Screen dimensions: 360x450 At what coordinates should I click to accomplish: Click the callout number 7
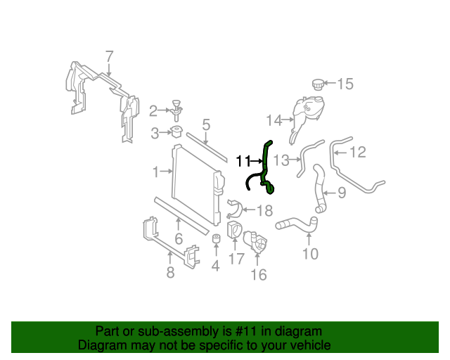[x=109, y=56]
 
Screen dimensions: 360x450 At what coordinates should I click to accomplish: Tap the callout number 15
[x=345, y=84]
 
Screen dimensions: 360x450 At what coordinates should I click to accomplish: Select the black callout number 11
[x=243, y=161]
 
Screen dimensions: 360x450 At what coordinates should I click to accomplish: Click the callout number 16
[x=259, y=274]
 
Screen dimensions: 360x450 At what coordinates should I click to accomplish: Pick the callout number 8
[x=170, y=272]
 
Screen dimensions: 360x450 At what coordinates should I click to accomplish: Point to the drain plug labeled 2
[x=174, y=110]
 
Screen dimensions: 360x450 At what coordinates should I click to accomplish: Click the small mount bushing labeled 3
[x=176, y=132]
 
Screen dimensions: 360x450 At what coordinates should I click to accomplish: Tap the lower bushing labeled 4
[x=216, y=243]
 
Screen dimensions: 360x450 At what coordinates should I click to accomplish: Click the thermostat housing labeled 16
[x=257, y=245]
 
